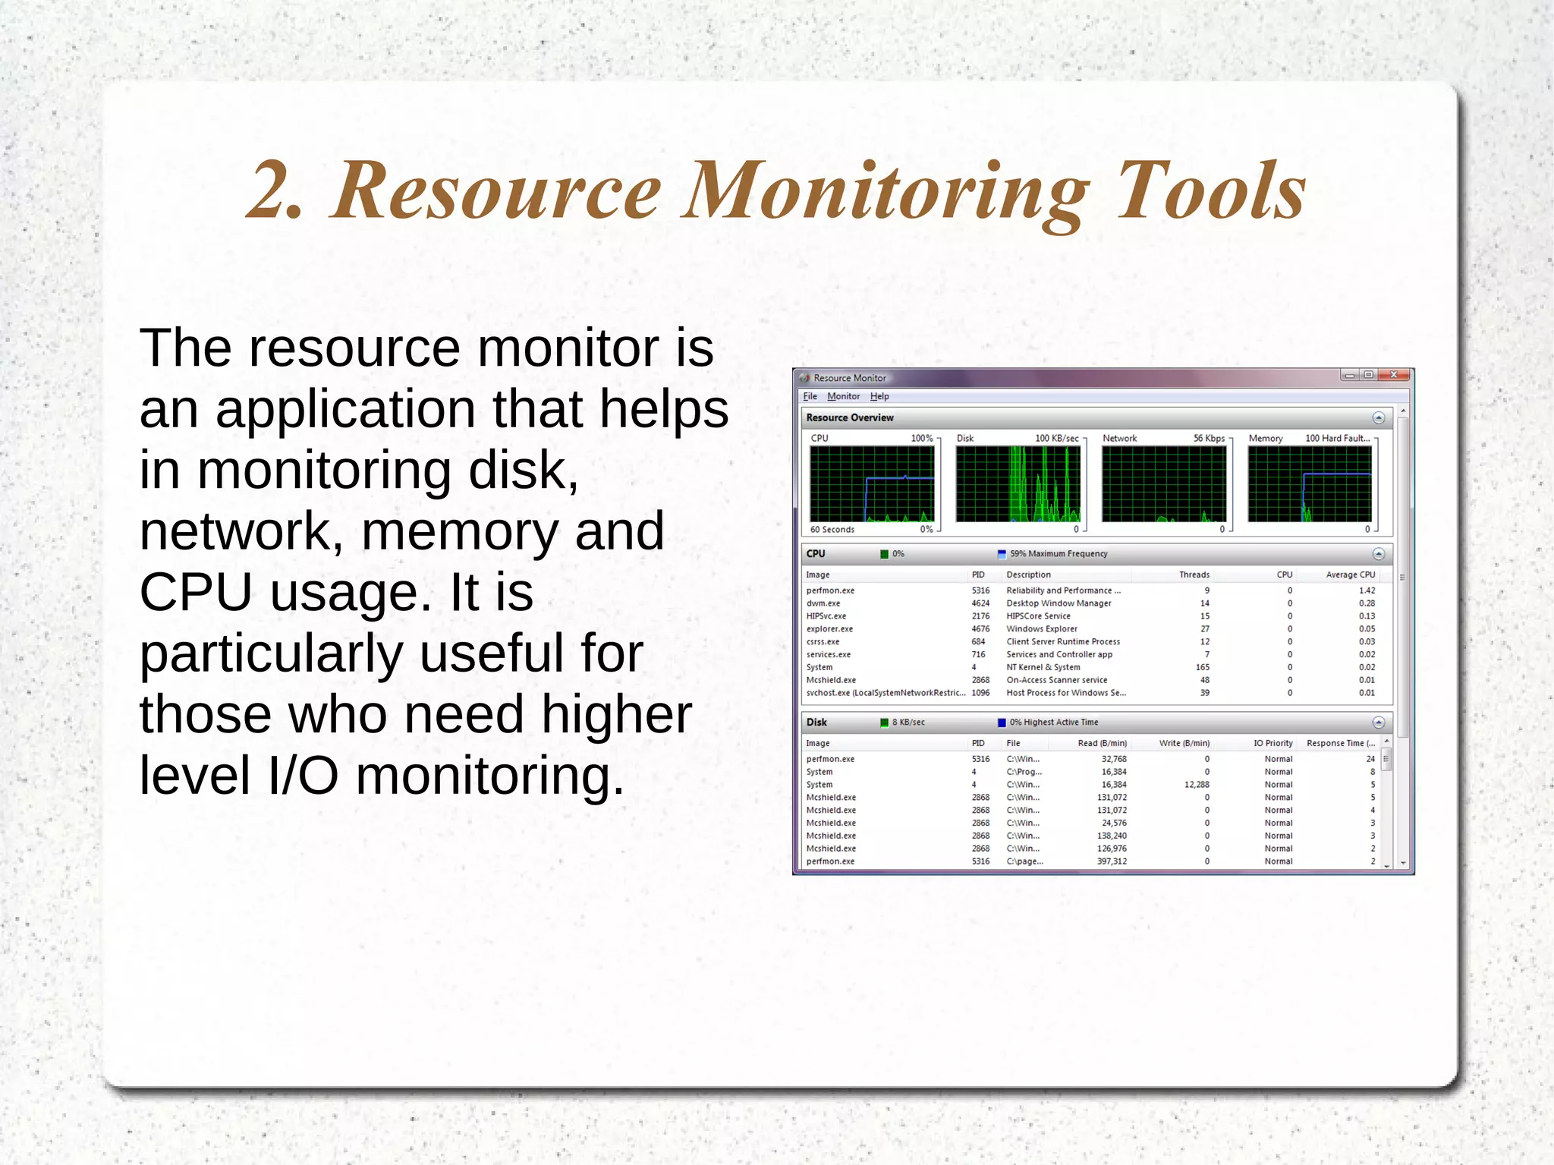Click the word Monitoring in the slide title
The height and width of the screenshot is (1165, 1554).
click(886, 191)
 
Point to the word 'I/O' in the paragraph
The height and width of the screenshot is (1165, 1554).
click(303, 776)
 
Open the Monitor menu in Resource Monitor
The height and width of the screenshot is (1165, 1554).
click(843, 396)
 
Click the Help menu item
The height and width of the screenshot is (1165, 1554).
click(879, 396)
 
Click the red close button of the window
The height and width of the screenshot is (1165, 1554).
click(1393, 375)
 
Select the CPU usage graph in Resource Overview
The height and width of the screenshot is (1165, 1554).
click(872, 484)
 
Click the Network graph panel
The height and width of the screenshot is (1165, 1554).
click(1163, 484)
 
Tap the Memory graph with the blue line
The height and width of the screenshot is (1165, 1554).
click(1309, 484)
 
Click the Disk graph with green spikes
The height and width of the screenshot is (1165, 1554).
click(1018, 484)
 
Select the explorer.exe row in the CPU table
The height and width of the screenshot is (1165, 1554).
click(829, 629)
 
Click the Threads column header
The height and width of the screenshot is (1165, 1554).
click(1194, 575)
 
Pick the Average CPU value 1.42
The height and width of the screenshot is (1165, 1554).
click(1367, 590)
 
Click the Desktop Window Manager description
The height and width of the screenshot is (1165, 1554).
click(1059, 603)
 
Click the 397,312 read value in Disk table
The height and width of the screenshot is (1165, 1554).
click(1112, 861)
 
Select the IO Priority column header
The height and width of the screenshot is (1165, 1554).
click(1272, 743)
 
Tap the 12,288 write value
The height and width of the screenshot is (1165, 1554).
click(1197, 785)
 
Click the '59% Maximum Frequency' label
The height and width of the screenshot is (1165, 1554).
click(1058, 554)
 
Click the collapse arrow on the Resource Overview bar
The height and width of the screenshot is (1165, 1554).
click(1378, 418)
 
